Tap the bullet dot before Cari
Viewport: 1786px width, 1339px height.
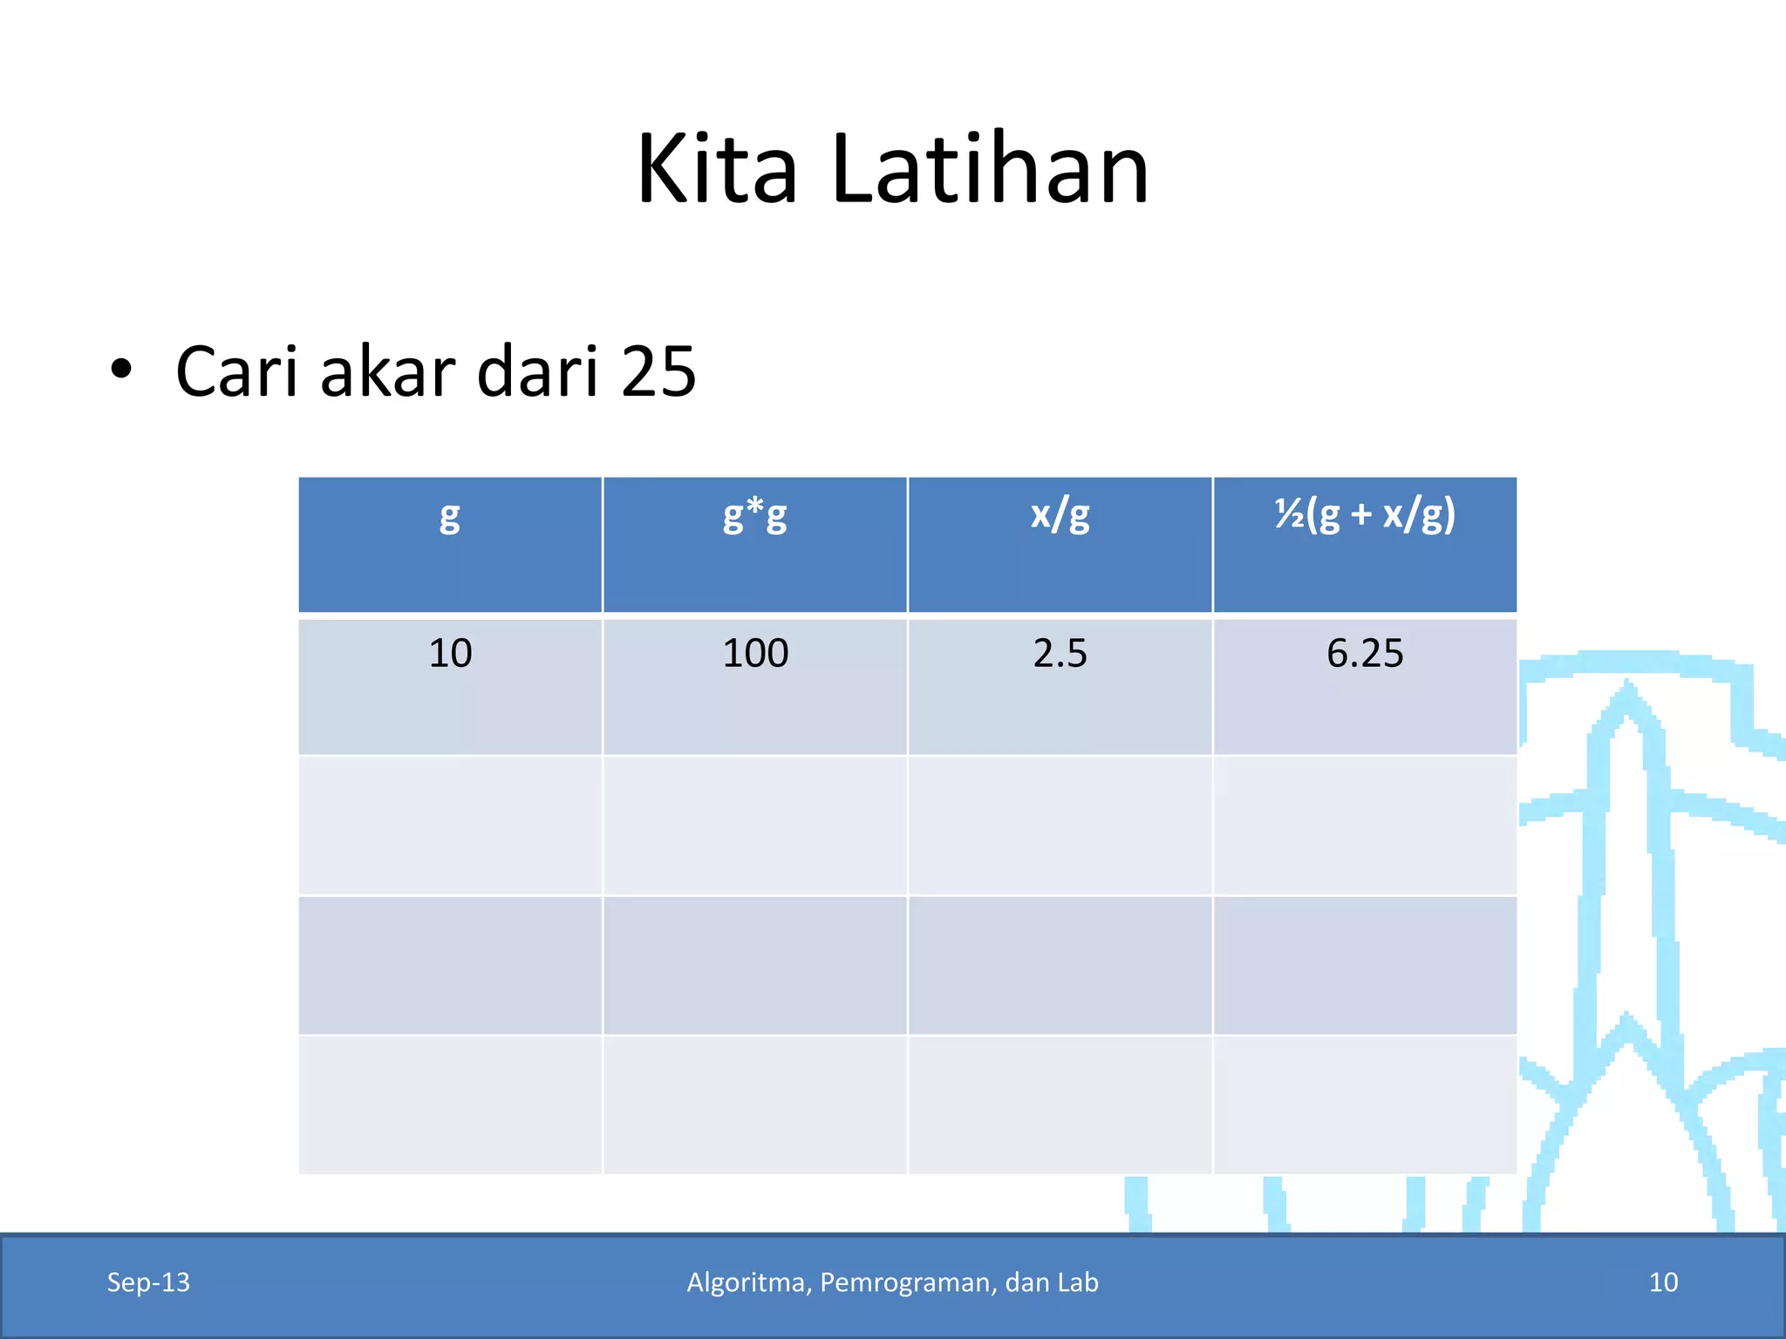click(x=121, y=370)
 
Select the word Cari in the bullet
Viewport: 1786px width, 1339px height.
click(x=237, y=372)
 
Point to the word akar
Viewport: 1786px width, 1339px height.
click(x=387, y=372)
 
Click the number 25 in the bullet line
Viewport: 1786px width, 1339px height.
click(x=658, y=372)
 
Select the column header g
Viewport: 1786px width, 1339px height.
click(x=449, y=516)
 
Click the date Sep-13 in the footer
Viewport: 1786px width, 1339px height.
click(x=148, y=1282)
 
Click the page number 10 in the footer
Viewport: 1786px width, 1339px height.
click(x=1663, y=1282)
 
